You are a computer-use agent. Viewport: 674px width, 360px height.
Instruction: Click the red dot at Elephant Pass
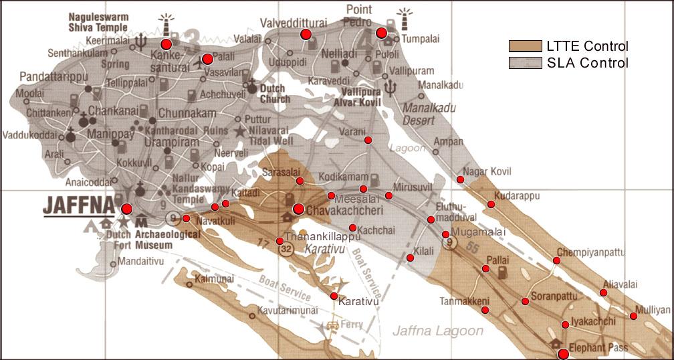coord(563,353)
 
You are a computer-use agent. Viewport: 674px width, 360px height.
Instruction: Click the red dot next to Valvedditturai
coord(306,34)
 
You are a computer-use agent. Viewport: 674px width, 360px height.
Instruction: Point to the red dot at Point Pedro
coord(381,33)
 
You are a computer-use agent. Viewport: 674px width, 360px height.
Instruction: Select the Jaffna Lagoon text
coord(437,331)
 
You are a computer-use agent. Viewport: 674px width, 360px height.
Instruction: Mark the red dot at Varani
coord(368,140)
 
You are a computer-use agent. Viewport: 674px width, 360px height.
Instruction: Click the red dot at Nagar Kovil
coord(460,179)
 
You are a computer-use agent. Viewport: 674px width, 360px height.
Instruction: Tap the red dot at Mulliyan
coord(633,316)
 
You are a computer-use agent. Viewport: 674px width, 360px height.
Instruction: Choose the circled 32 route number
coord(286,248)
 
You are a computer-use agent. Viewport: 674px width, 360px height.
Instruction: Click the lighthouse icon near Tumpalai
coord(403,19)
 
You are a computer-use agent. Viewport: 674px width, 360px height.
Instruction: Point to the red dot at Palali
coord(207,58)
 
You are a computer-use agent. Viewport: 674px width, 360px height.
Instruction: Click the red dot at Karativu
coord(334,296)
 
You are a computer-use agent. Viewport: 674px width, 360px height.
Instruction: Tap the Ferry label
coord(353,325)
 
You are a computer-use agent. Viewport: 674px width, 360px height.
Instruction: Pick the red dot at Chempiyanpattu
coord(556,260)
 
